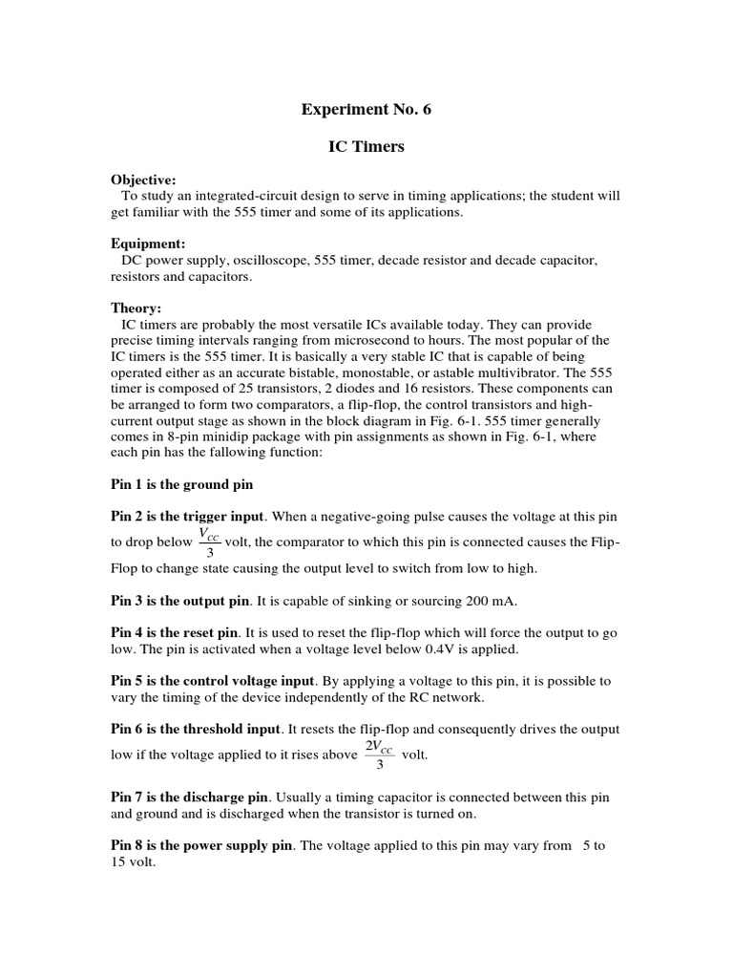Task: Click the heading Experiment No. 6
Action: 366,110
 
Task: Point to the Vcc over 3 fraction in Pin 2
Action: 209,542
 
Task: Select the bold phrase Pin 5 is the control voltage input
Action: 212,681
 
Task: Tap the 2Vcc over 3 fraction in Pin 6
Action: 380,755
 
